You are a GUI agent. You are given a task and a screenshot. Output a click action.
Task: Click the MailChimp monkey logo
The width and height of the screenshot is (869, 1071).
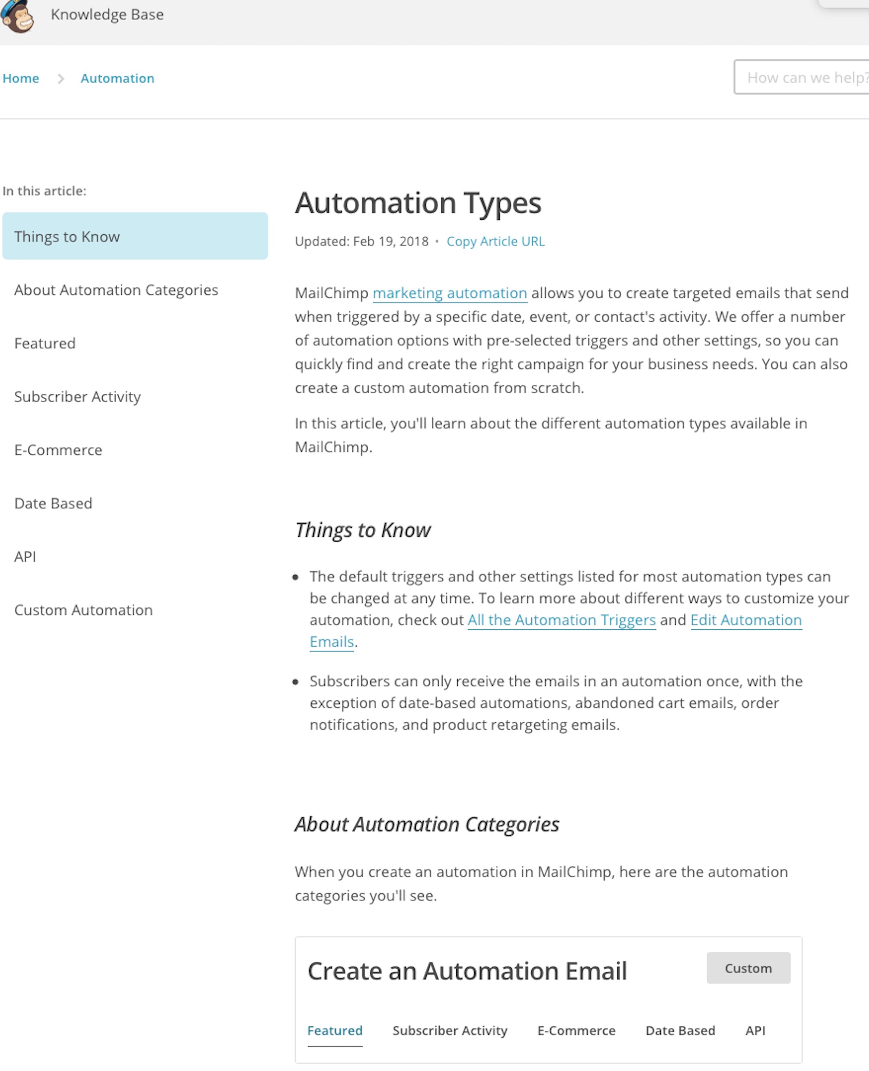coord(17,15)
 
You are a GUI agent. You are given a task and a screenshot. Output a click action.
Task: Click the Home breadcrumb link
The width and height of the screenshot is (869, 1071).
coord(21,78)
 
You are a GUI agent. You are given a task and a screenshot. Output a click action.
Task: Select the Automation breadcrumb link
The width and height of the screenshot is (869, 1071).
coord(117,78)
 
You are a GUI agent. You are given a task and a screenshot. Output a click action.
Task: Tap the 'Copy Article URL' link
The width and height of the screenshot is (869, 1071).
coord(495,241)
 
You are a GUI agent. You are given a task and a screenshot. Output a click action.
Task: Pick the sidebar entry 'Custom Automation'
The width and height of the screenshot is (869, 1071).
coord(84,610)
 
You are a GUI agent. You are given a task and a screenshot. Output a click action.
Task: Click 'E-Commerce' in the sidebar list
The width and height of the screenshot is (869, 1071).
coord(58,450)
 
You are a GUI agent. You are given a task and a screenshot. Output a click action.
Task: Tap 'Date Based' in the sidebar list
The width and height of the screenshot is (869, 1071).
coord(53,503)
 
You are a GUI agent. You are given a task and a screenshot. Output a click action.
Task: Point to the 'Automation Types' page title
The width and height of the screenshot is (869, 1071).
coord(418,203)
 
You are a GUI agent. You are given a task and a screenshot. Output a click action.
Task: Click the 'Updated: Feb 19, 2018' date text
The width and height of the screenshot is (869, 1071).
coord(361,241)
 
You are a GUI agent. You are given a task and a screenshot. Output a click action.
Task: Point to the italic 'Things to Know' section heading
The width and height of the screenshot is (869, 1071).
coord(363,530)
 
